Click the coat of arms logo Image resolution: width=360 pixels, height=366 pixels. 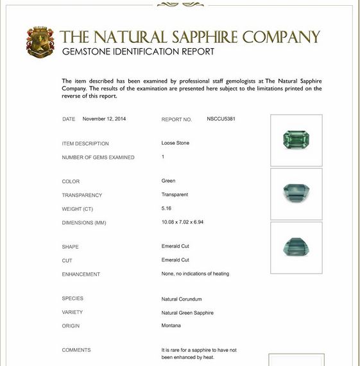[40, 42]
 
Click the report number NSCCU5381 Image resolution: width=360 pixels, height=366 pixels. [221, 119]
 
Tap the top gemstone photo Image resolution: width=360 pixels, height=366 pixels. [296, 140]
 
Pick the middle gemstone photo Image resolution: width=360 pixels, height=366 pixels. [296, 194]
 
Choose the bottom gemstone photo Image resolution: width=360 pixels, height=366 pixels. [296, 247]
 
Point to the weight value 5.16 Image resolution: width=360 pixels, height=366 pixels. [167, 208]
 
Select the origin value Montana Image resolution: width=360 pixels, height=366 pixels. [171, 326]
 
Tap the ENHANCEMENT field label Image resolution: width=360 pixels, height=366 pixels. [81, 274]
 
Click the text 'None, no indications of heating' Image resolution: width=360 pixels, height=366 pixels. [195, 274]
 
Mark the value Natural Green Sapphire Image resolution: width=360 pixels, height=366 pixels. [187, 312]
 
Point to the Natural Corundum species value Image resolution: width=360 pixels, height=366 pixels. [182, 299]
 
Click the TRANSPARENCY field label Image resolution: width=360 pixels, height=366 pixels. [81, 195]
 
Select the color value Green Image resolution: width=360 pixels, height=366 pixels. [168, 181]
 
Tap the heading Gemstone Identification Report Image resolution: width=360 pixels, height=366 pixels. [138, 52]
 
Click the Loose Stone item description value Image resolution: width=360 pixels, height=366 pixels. [175, 143]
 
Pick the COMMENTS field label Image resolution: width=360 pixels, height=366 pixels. [76, 350]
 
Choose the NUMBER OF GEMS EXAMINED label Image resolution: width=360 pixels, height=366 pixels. [98, 157]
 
